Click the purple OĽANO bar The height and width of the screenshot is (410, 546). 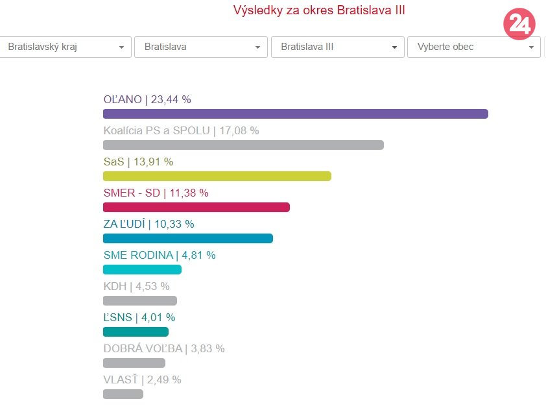295,114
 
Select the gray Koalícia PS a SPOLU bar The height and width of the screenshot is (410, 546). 243,145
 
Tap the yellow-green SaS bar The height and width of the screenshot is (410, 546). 217,176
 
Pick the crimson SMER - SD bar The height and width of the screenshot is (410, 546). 196,208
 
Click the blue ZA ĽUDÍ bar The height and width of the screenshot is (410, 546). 187,239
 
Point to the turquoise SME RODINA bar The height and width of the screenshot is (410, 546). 142,270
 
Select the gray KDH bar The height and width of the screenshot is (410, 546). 139,301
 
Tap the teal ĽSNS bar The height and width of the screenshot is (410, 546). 136,332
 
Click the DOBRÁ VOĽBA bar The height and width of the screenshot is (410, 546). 134,363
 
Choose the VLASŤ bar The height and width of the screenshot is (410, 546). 123,394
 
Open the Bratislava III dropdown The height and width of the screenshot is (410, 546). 338,47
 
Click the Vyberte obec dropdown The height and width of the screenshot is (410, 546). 473,47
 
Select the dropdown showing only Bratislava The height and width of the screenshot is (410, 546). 200,47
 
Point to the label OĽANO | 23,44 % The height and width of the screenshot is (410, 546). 147,99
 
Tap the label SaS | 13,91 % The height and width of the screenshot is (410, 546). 138,162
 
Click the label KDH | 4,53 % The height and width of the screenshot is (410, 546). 136,286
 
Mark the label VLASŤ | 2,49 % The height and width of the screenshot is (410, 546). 142,380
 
